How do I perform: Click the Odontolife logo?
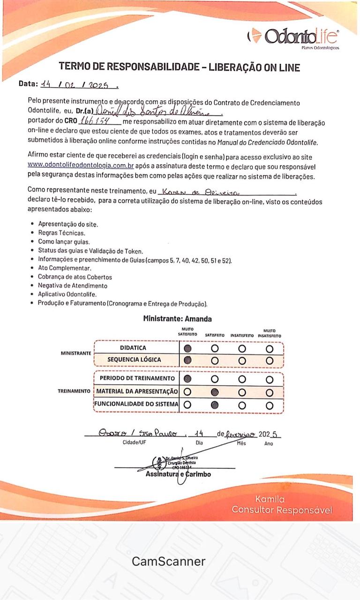tap(292, 37)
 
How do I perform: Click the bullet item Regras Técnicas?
tap(61, 232)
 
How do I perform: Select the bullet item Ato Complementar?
tap(64, 268)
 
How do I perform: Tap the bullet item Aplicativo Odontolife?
tap(67, 294)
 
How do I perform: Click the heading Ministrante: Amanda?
tap(177, 319)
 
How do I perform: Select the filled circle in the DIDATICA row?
tap(187, 349)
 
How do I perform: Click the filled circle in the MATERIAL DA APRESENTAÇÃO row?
tap(215, 392)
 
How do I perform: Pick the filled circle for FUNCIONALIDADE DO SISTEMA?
tap(215, 405)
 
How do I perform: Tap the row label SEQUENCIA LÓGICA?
tap(134, 360)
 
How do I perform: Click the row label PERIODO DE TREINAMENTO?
tap(137, 378)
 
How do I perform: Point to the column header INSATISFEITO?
tap(242, 336)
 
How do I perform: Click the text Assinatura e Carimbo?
tap(178, 474)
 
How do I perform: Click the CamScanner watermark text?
tap(168, 561)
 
